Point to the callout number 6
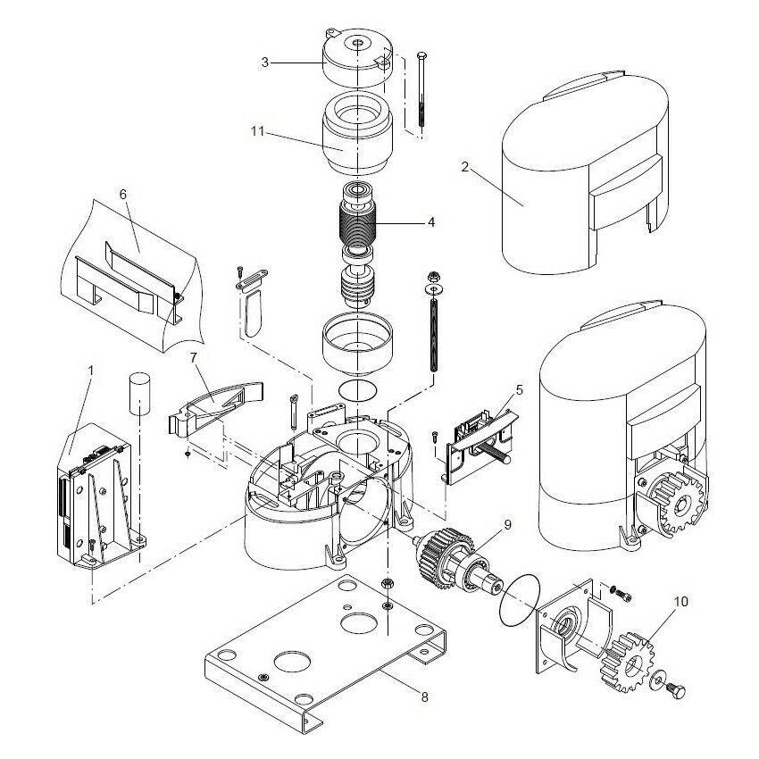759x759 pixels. (x=123, y=193)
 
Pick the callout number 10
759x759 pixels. (x=681, y=602)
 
